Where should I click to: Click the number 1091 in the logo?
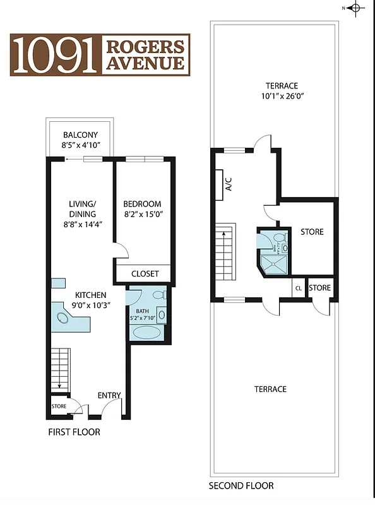pyautogui.click(x=55, y=55)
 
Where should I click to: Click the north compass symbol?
pyautogui.click(x=355, y=8)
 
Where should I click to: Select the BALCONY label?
pyautogui.click(x=80, y=134)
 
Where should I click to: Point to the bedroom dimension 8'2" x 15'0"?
pyautogui.click(x=142, y=215)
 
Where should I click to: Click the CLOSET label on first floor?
pyautogui.click(x=145, y=273)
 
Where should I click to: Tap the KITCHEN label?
pyautogui.click(x=91, y=295)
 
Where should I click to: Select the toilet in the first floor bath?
pyautogui.click(x=158, y=295)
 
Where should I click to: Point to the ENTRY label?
pyautogui.click(x=109, y=395)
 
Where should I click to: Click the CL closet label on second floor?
pyautogui.click(x=297, y=288)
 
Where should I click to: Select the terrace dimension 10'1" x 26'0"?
pyautogui.click(x=282, y=97)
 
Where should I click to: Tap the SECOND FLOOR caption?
pyautogui.click(x=241, y=485)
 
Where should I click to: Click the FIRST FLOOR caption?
pyautogui.click(x=74, y=432)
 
